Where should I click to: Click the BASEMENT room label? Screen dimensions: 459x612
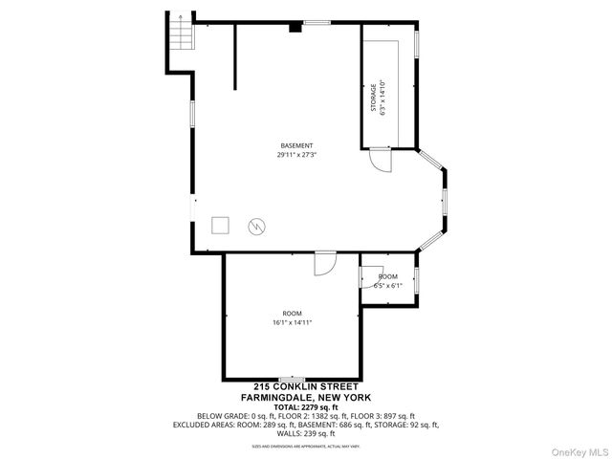tap(295, 145)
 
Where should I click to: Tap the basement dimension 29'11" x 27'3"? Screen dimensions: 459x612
tap(295, 154)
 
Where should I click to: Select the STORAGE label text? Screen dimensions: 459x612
tap(374, 98)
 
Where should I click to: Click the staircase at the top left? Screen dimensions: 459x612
tap(180, 38)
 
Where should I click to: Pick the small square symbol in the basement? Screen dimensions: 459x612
tap(221, 226)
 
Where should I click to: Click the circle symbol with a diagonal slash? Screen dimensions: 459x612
tap(256, 226)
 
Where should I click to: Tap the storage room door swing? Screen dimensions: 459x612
tap(381, 161)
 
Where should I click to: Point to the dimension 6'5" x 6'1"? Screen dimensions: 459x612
tap(387, 284)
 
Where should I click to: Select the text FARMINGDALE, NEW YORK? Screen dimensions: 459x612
tap(305, 397)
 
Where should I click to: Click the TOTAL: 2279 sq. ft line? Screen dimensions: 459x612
tap(305, 406)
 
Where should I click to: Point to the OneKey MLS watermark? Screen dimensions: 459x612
tap(577, 448)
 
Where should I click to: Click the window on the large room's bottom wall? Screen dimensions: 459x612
tap(291, 379)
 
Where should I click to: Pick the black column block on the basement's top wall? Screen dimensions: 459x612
tap(295, 28)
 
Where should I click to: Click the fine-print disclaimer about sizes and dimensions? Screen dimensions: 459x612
tap(305, 446)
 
